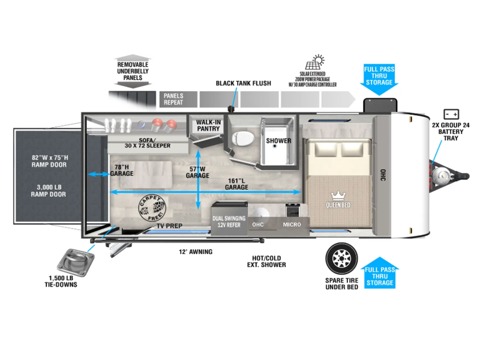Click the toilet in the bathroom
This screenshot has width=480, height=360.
pyautogui.click(x=243, y=139)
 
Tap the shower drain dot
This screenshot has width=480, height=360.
pyautogui.click(x=275, y=146)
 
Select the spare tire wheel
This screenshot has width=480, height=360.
pyautogui.click(x=341, y=259)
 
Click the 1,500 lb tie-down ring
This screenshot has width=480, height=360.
pyautogui.click(x=76, y=263)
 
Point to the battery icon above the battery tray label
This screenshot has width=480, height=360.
pyautogui.click(x=451, y=114)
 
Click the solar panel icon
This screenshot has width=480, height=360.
pyautogui.click(x=314, y=62)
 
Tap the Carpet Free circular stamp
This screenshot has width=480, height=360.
pyautogui.click(x=152, y=208)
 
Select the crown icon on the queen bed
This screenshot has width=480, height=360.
pyautogui.click(x=338, y=196)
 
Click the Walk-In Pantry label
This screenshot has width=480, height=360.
pyautogui.click(x=208, y=125)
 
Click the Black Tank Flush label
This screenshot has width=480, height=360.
pyautogui.click(x=244, y=83)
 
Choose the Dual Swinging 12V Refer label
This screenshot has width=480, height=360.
pyautogui.click(x=229, y=221)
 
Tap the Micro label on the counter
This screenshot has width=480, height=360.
pyautogui.click(x=292, y=224)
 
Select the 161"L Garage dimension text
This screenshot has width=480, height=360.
pyautogui.click(x=236, y=184)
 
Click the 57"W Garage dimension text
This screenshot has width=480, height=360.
pyautogui.click(x=197, y=172)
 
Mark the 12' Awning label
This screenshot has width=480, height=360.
pyautogui.click(x=196, y=251)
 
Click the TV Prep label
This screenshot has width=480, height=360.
pyautogui.click(x=169, y=226)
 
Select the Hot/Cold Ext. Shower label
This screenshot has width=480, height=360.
pyautogui.click(x=266, y=262)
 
